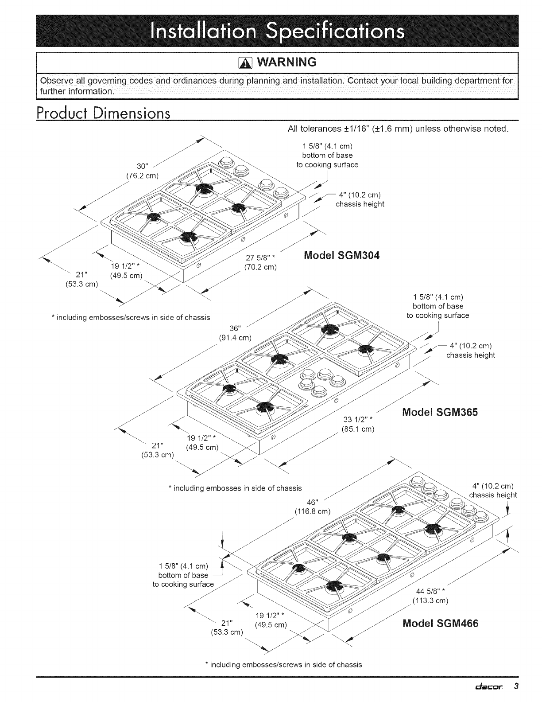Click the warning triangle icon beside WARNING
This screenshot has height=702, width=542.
tap(245, 62)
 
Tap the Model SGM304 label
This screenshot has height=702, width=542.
tap(341, 256)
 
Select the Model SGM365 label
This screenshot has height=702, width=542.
tap(440, 412)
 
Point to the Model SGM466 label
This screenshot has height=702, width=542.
tap(440, 623)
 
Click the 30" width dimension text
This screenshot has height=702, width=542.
tap(142, 166)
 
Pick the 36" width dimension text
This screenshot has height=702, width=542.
tap(235, 328)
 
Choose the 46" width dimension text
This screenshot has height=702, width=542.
tap(313, 503)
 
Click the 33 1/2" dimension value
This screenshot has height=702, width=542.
tap(358, 420)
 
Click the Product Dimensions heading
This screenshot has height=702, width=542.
tap(103, 113)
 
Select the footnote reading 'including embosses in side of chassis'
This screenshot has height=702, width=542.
tap(235, 488)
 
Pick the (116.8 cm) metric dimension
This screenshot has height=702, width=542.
tap(313, 512)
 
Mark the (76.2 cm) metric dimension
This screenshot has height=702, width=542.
tap(142, 176)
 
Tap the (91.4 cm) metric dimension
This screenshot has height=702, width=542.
tap(235, 338)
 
